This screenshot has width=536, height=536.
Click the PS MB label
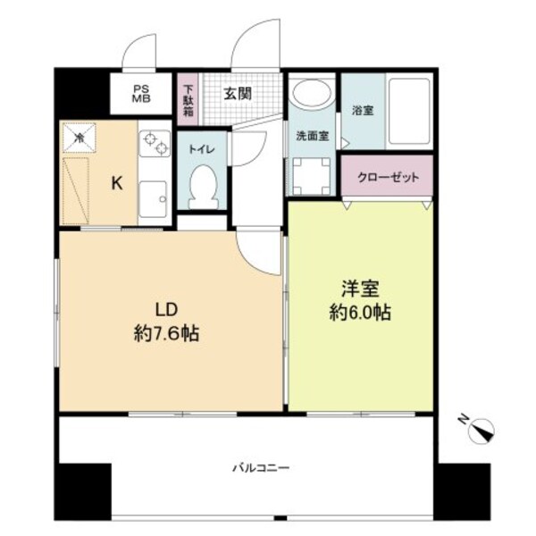pyautogui.click(x=141, y=94)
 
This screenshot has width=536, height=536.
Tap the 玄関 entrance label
pyautogui.click(x=237, y=93)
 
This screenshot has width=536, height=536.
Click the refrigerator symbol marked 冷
pyautogui.click(x=80, y=138)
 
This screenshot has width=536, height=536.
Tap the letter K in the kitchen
pyautogui.click(x=116, y=183)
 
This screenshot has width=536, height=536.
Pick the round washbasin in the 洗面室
pyautogui.click(x=312, y=96)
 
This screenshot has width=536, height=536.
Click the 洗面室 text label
pyautogui.click(x=311, y=137)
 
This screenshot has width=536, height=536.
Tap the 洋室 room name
pyautogui.click(x=361, y=290)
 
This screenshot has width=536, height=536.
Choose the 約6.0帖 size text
pyautogui.click(x=361, y=314)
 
